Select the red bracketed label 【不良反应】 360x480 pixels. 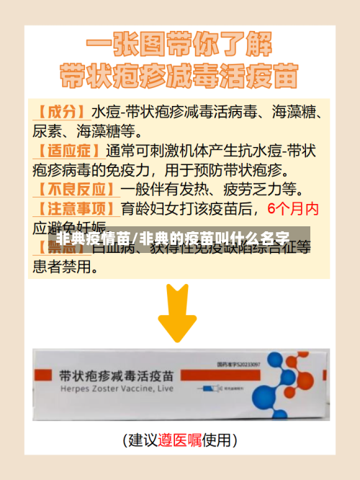point(74,190)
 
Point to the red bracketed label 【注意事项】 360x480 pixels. point(74,209)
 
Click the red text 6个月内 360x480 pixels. point(292,209)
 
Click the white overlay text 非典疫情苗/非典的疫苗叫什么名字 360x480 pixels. point(173,237)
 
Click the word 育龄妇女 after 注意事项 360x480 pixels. point(148,209)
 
